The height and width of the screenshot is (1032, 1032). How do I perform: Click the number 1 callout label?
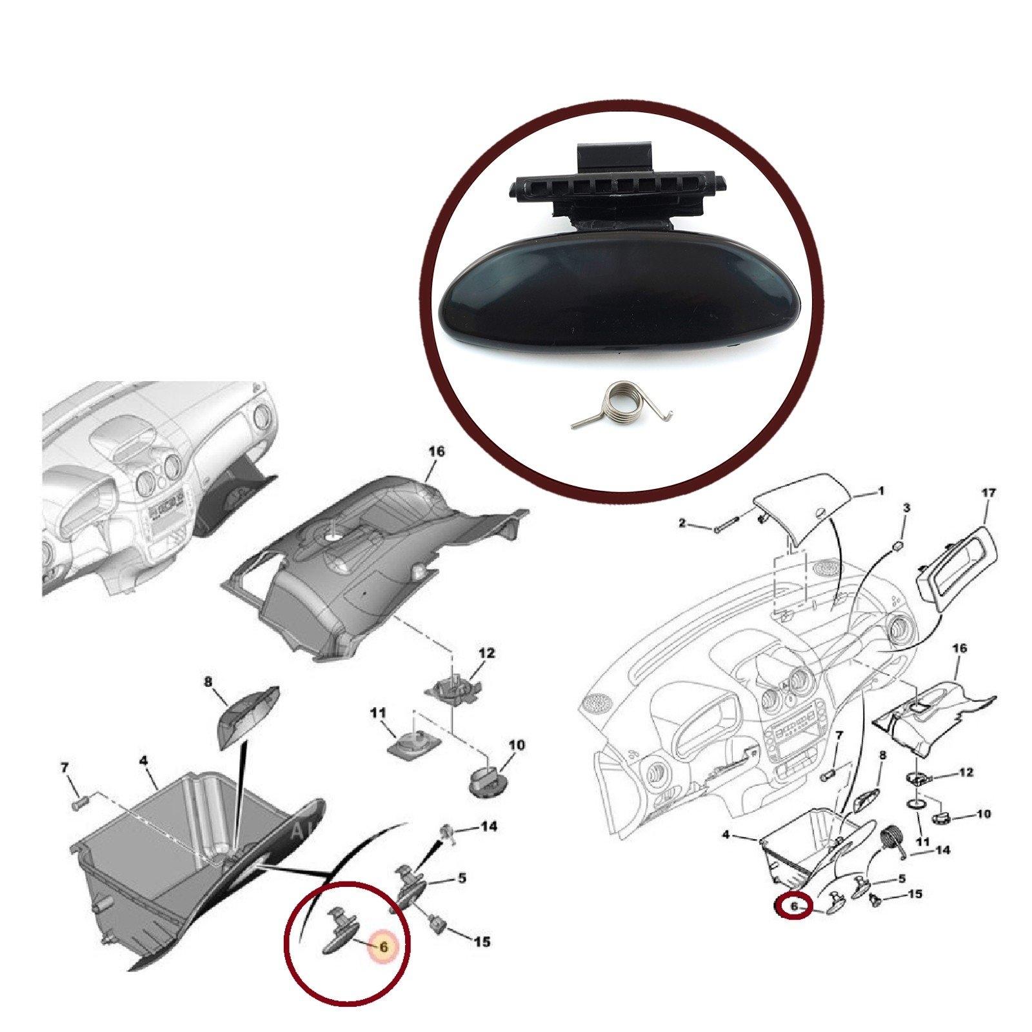click(881, 491)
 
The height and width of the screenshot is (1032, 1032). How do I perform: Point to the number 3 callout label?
click(906, 508)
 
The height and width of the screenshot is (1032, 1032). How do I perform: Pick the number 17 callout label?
click(987, 493)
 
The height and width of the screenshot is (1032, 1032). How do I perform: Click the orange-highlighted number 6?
click(383, 947)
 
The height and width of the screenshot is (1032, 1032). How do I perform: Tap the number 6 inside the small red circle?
click(794, 906)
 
